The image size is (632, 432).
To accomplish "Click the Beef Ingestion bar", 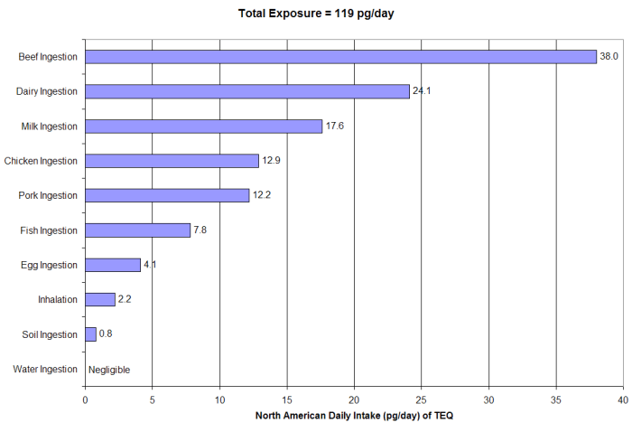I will [x=340, y=57].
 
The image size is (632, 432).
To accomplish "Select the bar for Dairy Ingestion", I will [x=246, y=91].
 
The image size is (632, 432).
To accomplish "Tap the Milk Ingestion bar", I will [x=203, y=126].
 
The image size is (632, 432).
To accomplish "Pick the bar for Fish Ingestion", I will [x=137, y=230].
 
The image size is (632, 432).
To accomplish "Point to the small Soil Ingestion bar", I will [x=90, y=334].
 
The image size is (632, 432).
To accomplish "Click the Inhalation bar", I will [x=99, y=299].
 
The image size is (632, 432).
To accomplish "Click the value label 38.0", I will [x=609, y=57].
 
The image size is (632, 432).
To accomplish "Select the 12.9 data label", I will [x=271, y=161].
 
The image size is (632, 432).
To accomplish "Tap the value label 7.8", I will [x=200, y=230].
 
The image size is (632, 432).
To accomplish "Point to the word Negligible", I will [x=109, y=370].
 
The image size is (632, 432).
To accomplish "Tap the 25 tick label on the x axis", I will [x=422, y=399].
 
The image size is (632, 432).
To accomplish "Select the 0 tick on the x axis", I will [x=85, y=399].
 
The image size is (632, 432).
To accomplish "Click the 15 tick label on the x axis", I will [x=287, y=399].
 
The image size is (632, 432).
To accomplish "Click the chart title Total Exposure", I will [x=316, y=14].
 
